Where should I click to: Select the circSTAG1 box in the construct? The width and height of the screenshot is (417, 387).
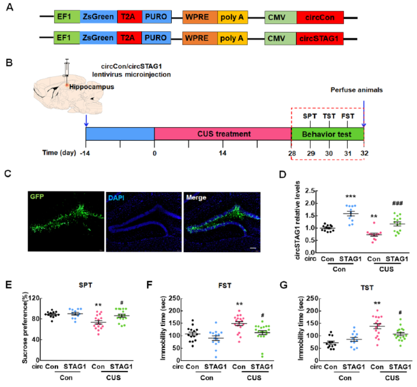coord(320,37)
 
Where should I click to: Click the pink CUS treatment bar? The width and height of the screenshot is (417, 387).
coord(223,134)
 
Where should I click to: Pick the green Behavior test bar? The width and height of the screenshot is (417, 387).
coord(327,134)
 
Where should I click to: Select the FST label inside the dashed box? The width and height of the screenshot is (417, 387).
coord(347,116)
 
